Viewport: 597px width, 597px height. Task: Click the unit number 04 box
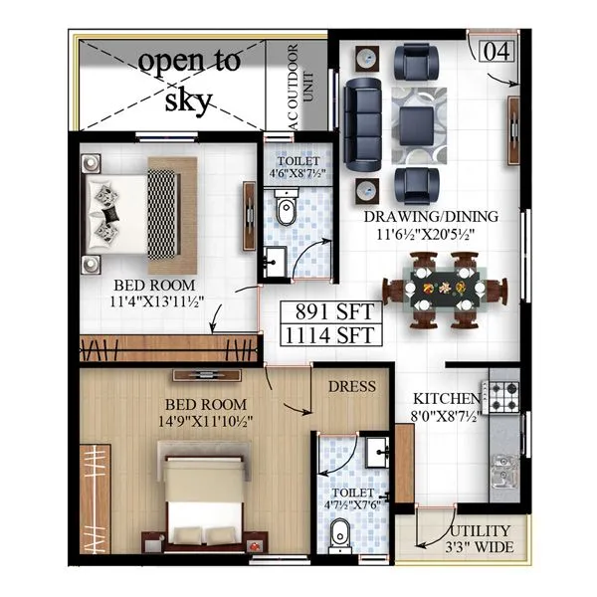pyautogui.click(x=498, y=51)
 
